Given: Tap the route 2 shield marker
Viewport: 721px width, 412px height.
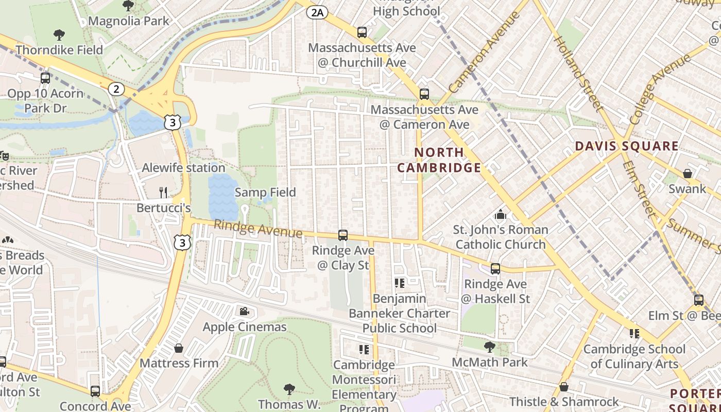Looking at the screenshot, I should (116, 89).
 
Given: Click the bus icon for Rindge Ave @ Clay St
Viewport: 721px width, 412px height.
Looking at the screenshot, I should (343, 235).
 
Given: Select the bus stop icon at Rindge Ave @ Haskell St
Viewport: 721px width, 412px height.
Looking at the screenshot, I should (495, 268).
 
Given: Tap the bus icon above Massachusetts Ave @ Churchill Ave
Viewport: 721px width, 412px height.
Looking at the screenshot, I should (362, 32).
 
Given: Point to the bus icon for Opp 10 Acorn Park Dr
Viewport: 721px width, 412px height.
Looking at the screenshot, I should (45, 78).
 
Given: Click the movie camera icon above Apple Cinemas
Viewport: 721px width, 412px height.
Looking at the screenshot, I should (244, 311).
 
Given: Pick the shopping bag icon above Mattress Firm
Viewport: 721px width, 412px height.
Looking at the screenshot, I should (179, 348).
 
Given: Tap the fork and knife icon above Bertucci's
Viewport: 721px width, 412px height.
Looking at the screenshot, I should (163, 193).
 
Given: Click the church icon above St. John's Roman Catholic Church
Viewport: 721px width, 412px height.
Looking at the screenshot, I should (500, 214).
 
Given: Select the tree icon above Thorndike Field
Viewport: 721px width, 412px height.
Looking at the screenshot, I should (59, 35).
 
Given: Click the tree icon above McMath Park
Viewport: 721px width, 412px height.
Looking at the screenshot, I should (489, 347).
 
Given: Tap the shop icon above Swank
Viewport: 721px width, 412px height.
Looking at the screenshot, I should (687, 174).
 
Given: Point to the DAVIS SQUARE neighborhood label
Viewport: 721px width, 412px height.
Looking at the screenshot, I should (626, 146).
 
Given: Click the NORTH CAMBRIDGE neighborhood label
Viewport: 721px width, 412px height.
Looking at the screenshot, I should (439, 160).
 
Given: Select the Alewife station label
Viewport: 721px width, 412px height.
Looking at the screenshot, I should (183, 168).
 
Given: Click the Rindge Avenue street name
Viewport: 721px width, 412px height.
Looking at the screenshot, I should (257, 229).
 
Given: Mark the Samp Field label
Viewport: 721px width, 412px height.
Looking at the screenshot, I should (265, 193).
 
